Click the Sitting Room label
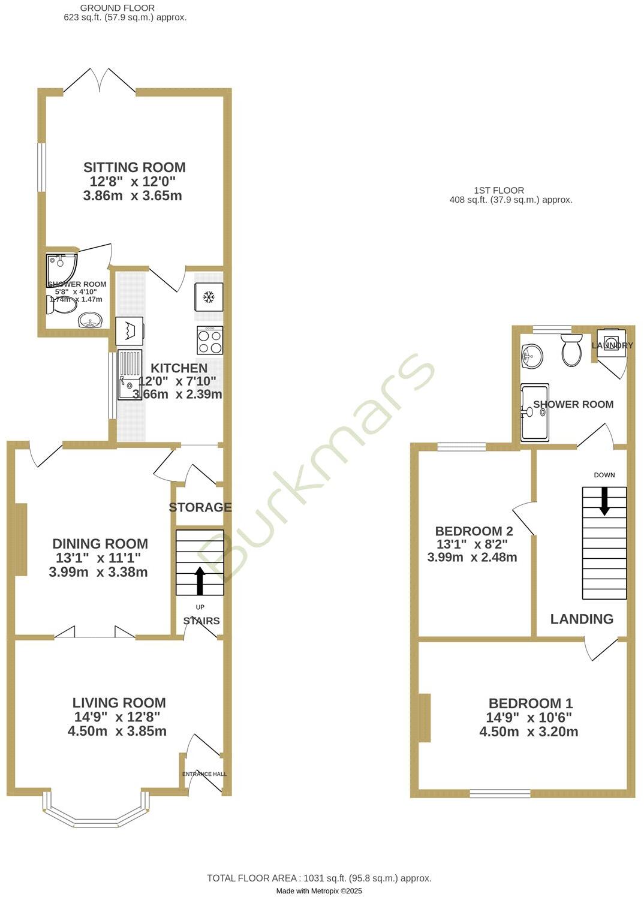(134, 167)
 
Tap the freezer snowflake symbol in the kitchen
(209, 297)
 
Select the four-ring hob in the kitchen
(210, 341)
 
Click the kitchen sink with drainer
(130, 375)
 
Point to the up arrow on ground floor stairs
(200, 580)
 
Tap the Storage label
(200, 507)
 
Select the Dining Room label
(100, 544)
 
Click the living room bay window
(96, 812)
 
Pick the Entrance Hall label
(204, 774)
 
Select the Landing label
(582, 619)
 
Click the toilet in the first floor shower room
(571, 350)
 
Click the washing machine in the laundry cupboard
(611, 344)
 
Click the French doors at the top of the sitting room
(100, 81)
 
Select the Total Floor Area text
(319, 878)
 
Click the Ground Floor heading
(118, 8)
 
